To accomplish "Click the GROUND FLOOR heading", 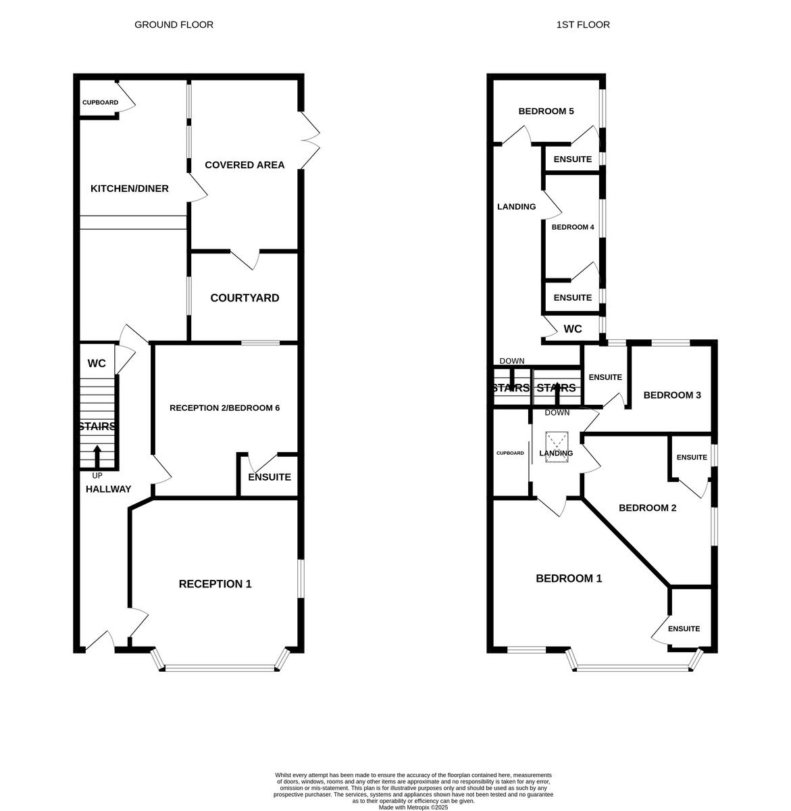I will click(x=174, y=25).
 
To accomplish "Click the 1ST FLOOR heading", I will click(x=583, y=25).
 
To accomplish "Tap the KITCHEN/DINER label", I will click(x=130, y=189).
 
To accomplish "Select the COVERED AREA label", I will click(x=245, y=165).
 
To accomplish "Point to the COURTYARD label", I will click(x=245, y=298).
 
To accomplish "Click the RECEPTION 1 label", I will click(x=215, y=584).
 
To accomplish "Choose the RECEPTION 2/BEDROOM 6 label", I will click(x=224, y=408).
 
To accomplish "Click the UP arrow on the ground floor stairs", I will click(x=97, y=456).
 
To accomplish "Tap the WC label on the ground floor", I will click(x=97, y=364).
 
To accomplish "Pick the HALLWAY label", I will click(x=108, y=489).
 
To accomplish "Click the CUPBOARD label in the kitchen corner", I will click(x=100, y=103).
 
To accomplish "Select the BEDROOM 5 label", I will click(x=546, y=112).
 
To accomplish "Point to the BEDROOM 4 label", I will click(x=573, y=227).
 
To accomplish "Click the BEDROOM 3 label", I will click(x=671, y=395).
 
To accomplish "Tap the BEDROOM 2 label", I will click(x=647, y=508).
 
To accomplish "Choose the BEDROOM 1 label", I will click(x=569, y=579).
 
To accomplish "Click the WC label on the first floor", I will click(x=573, y=329).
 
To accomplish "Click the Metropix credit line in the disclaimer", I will click(x=413, y=807).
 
